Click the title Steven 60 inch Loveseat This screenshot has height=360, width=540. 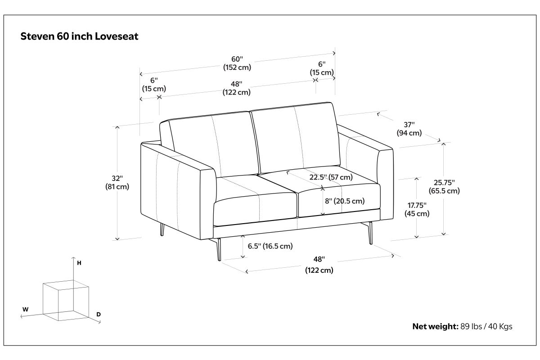coord(79,36)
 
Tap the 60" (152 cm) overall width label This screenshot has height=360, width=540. coord(237,63)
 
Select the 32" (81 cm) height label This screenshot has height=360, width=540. coord(117,183)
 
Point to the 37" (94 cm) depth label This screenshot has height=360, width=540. coord(409,129)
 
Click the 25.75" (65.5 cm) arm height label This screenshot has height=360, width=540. coord(444,187)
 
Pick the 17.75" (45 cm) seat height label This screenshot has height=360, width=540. coord(417,209)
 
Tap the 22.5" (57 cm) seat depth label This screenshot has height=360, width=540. coord(331,177)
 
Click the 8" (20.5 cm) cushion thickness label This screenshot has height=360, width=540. coord(345,201)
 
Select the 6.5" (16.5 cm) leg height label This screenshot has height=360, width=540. coord(270,246)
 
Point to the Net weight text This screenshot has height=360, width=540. coord(462,326)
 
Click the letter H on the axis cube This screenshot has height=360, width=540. coord(79,263)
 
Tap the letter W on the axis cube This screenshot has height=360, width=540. coord(25,309)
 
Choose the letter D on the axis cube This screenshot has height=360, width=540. coord(99,315)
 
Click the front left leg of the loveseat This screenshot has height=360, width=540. coord(218,250)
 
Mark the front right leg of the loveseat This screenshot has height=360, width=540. coord(370,233)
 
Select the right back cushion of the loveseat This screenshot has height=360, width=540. coord(295,137)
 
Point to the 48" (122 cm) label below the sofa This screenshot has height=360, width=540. coord(319,265)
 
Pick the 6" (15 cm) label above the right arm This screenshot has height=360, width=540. coord(322,68)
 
